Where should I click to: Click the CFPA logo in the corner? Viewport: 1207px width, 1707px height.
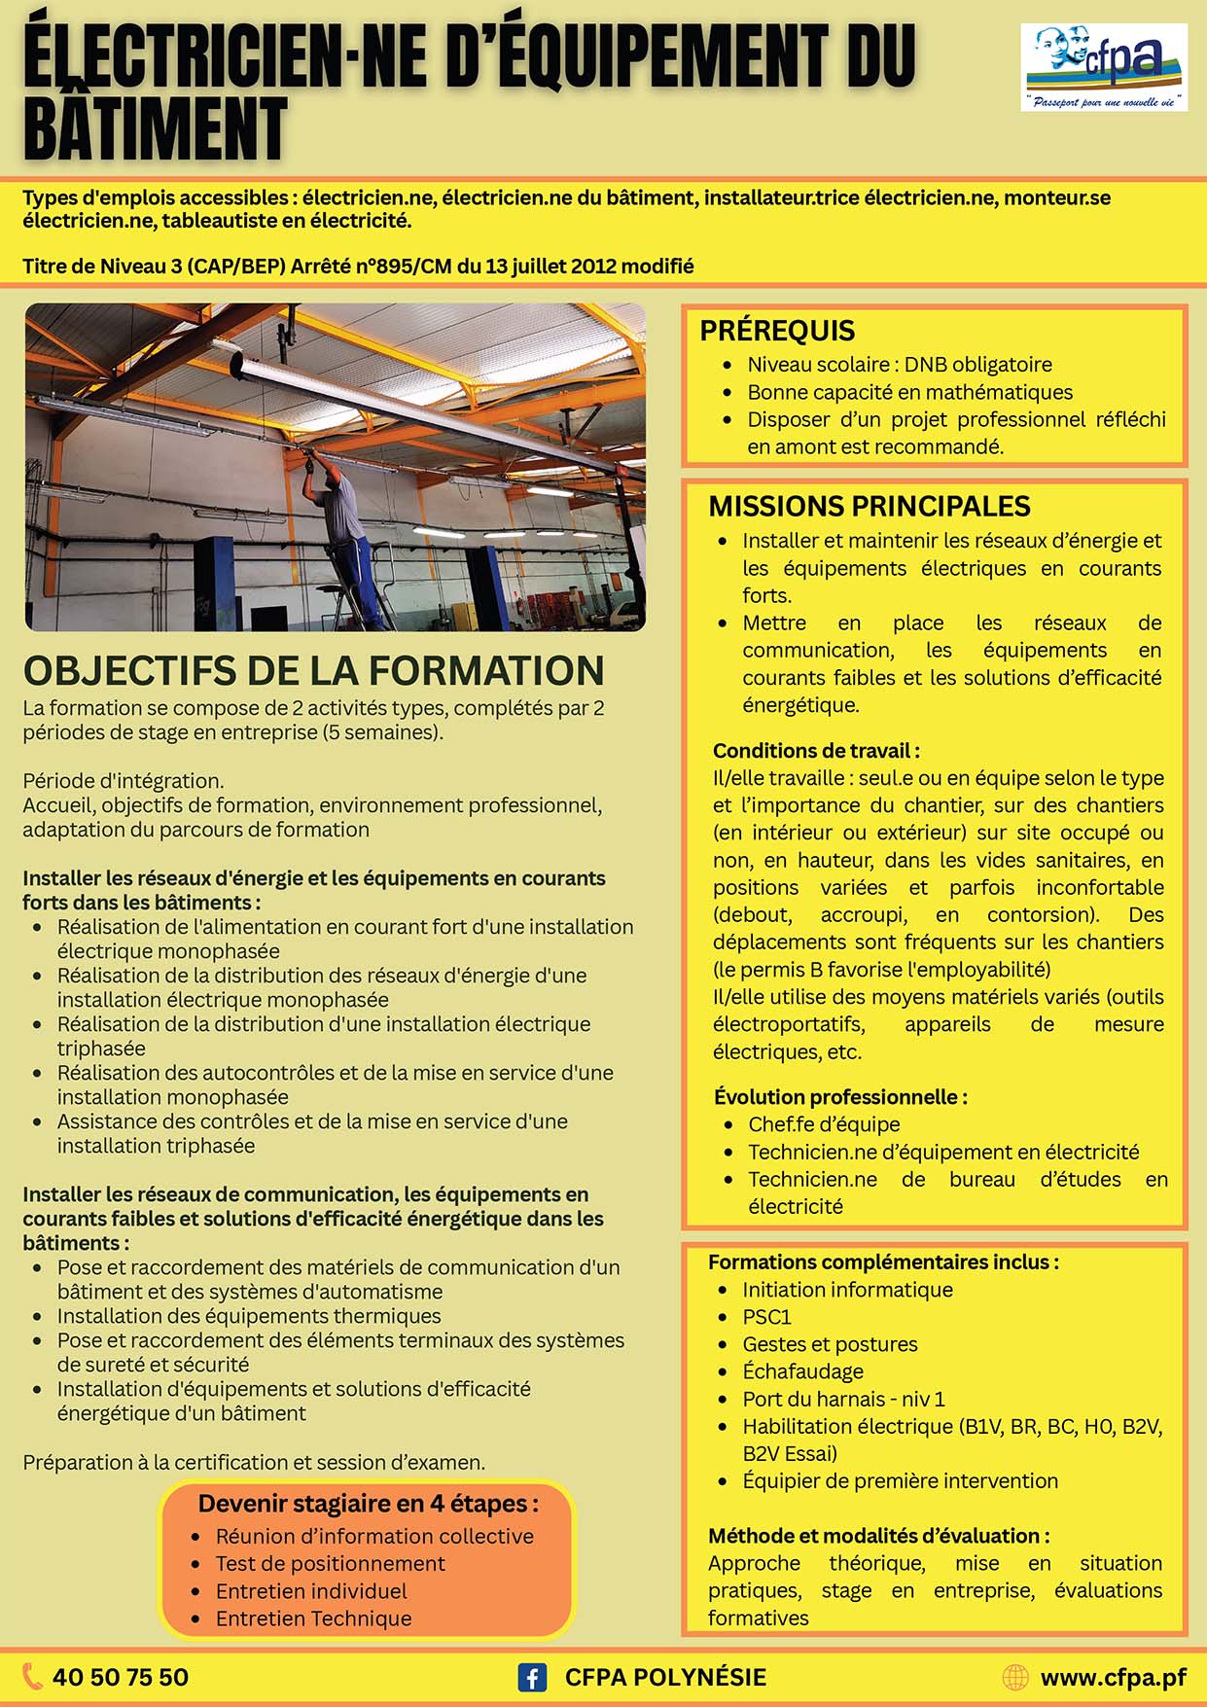[1104, 66]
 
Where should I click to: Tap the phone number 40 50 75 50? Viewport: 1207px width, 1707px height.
[121, 1677]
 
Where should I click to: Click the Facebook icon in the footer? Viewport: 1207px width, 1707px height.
[532, 1677]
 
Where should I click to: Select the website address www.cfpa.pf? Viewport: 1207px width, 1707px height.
[1113, 1677]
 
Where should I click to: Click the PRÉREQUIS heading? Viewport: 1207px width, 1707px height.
[777, 331]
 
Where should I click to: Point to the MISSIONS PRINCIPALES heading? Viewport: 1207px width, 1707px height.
[869, 506]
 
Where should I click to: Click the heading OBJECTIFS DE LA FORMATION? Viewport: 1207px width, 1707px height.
[313, 671]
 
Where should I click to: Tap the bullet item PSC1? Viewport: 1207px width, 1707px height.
[766, 1317]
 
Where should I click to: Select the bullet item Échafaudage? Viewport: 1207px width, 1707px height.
[802, 1371]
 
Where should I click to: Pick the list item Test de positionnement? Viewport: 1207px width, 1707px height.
[330, 1563]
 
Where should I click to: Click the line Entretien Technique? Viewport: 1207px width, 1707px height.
[313, 1618]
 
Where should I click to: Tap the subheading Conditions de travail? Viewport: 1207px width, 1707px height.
[815, 751]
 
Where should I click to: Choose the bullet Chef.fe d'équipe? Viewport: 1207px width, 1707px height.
[824, 1124]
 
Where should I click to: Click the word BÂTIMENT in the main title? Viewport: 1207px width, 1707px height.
[156, 128]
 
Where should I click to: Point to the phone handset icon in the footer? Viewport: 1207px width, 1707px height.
[33, 1676]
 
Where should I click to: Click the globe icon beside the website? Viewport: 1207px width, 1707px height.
[1014, 1677]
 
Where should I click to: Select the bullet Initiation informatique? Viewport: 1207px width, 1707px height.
[847, 1290]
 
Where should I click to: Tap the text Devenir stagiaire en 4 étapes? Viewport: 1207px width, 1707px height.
[368, 1504]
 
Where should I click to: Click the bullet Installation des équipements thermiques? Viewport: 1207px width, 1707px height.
[249, 1316]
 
